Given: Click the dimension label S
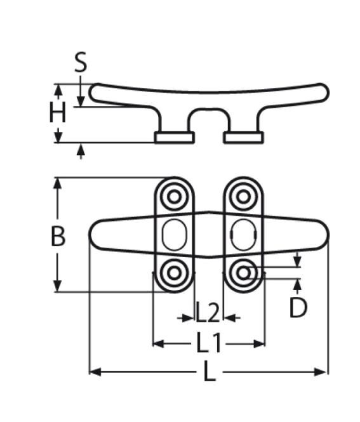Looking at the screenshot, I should point(81,63).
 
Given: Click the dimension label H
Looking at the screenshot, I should point(58,114).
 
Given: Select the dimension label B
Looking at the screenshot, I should point(58,236).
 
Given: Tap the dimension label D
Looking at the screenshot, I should point(298,308).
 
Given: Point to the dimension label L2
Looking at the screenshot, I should point(208,313).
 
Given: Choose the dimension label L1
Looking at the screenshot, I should point(208,343).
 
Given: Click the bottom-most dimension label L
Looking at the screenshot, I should point(209,372).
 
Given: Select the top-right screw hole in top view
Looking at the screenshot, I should point(242,197).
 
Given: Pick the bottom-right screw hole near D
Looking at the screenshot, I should point(242,274).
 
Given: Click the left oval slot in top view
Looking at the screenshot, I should point(172,235).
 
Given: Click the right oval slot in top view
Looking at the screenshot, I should point(241,235).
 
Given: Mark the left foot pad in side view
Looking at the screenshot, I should point(174,138).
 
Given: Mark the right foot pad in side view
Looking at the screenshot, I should point(243,138).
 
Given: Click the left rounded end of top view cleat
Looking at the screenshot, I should point(95,235).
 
